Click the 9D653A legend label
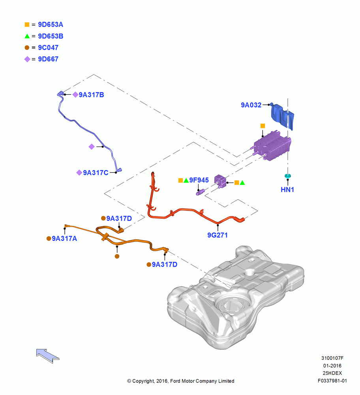[51, 24]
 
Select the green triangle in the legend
[27, 36]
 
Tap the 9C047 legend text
[48, 47]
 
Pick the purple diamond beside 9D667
[27, 59]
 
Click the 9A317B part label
[92, 95]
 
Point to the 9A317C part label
[96, 173]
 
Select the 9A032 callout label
[251, 105]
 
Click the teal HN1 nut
[287, 176]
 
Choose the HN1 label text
[287, 190]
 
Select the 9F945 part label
[199, 180]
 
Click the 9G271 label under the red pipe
[217, 235]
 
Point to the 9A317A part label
[64, 238]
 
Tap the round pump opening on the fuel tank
[232, 305]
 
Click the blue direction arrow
[48, 356]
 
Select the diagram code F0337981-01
[332, 381]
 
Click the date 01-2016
[332, 365]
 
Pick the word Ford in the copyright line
[175, 381]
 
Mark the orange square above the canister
[262, 126]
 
